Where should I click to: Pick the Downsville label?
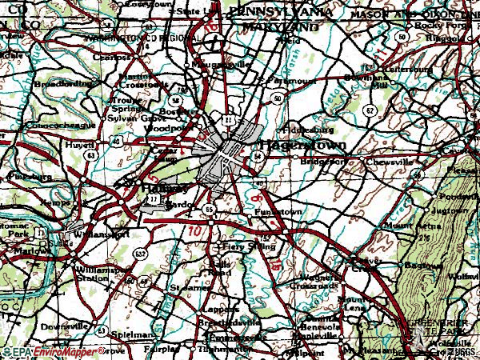pos(64,326)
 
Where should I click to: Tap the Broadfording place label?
pos(62,82)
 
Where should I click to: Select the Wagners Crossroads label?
pos(317,280)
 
